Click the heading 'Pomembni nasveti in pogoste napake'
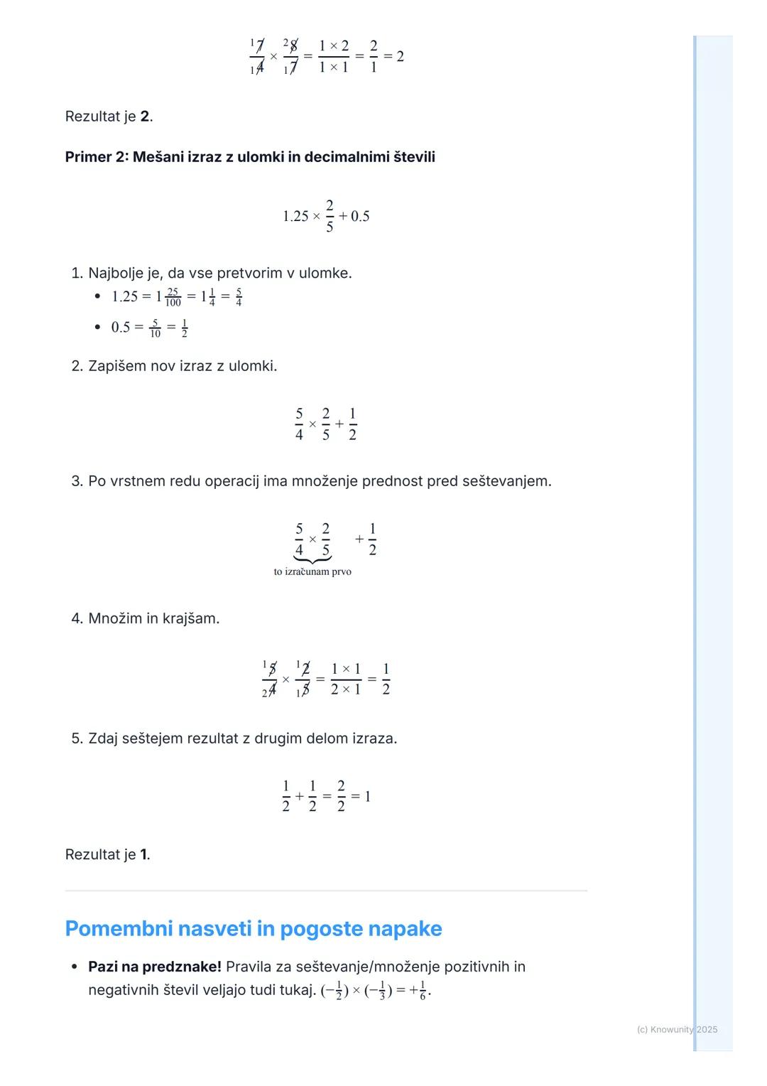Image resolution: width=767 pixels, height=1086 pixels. coord(253,929)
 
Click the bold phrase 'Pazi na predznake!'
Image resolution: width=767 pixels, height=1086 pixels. coord(154,967)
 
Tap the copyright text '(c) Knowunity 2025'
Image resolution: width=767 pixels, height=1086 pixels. coord(677,1029)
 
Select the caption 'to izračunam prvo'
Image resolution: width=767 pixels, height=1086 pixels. coord(312,571)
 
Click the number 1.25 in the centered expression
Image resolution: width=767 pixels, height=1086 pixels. coord(295,216)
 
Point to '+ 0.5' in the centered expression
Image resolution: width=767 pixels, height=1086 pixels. coord(354,216)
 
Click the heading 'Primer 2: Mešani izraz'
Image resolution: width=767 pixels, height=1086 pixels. coord(249,157)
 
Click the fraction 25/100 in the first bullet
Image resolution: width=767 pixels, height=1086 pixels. coord(173,297)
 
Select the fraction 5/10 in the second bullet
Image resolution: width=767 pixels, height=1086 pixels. coord(155,328)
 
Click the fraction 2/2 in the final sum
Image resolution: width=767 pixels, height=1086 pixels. coord(341,796)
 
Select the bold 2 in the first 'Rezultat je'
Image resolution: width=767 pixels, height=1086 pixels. coord(145,117)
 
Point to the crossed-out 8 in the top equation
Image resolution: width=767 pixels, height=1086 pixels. coord(292,45)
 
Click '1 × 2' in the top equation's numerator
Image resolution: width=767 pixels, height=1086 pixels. coord(334,46)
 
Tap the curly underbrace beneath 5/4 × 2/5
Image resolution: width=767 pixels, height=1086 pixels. coord(312,560)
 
